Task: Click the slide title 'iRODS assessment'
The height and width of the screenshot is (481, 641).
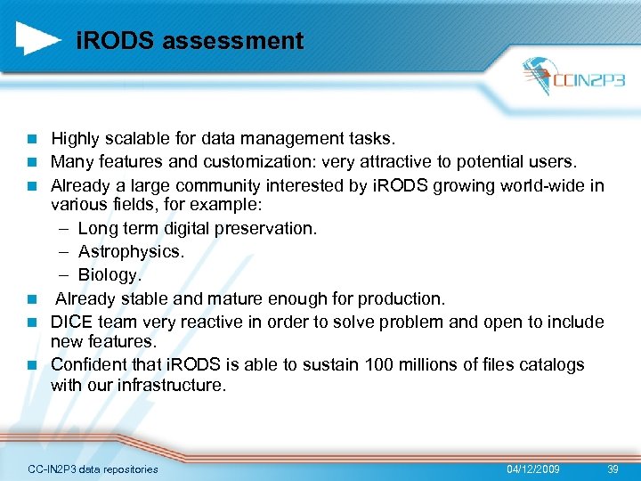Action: pyautogui.click(x=190, y=41)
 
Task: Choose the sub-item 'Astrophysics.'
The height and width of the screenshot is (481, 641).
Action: pyautogui.click(x=131, y=251)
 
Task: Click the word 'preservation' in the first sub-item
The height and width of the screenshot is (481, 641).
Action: pyautogui.click(x=267, y=229)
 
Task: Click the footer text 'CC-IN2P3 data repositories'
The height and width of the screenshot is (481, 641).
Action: pyautogui.click(x=93, y=469)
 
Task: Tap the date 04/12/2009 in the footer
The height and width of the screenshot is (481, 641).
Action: pyautogui.click(x=533, y=469)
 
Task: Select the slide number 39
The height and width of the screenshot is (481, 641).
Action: pyautogui.click(x=612, y=469)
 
